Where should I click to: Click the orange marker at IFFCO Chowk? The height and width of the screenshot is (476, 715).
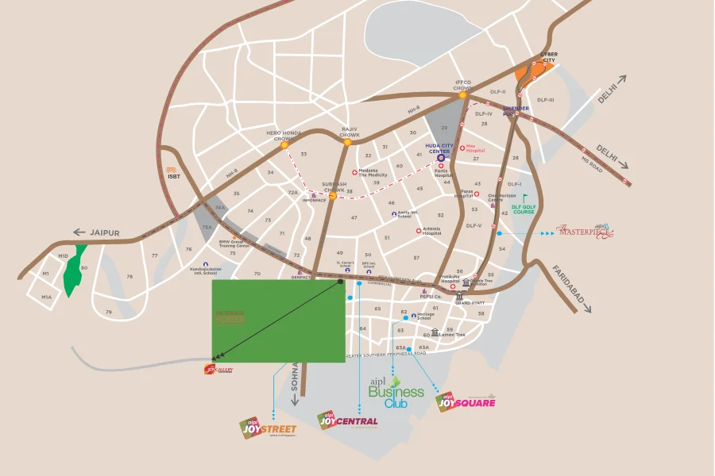pyautogui.click(x=462, y=95)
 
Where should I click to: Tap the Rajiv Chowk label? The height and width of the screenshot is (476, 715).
pyautogui.click(x=350, y=132)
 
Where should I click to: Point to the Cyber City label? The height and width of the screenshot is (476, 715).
pyautogui.click(x=549, y=57)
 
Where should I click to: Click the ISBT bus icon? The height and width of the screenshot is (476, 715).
pyautogui.click(x=171, y=169)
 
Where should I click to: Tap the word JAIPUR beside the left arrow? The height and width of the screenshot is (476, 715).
pyautogui.click(x=104, y=233)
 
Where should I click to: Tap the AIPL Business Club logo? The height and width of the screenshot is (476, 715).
pyautogui.click(x=396, y=393)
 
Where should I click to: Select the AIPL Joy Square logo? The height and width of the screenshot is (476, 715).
pyautogui.click(x=466, y=401)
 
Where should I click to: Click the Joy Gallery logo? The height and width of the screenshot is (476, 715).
pyautogui.click(x=218, y=369)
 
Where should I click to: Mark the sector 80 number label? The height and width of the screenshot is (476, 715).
pyautogui.click(x=83, y=267)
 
